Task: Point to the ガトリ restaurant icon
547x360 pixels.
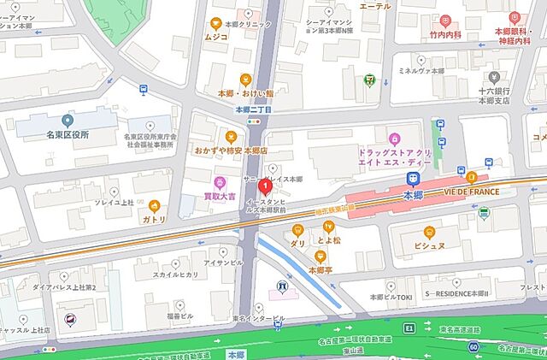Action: (155, 205)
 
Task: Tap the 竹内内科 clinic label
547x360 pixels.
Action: (444, 35)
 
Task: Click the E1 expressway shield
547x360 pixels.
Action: (409, 328)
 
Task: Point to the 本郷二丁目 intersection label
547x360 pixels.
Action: (253, 110)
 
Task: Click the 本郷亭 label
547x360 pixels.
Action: (321, 269)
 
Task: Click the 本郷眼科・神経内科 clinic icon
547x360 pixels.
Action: (514, 17)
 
